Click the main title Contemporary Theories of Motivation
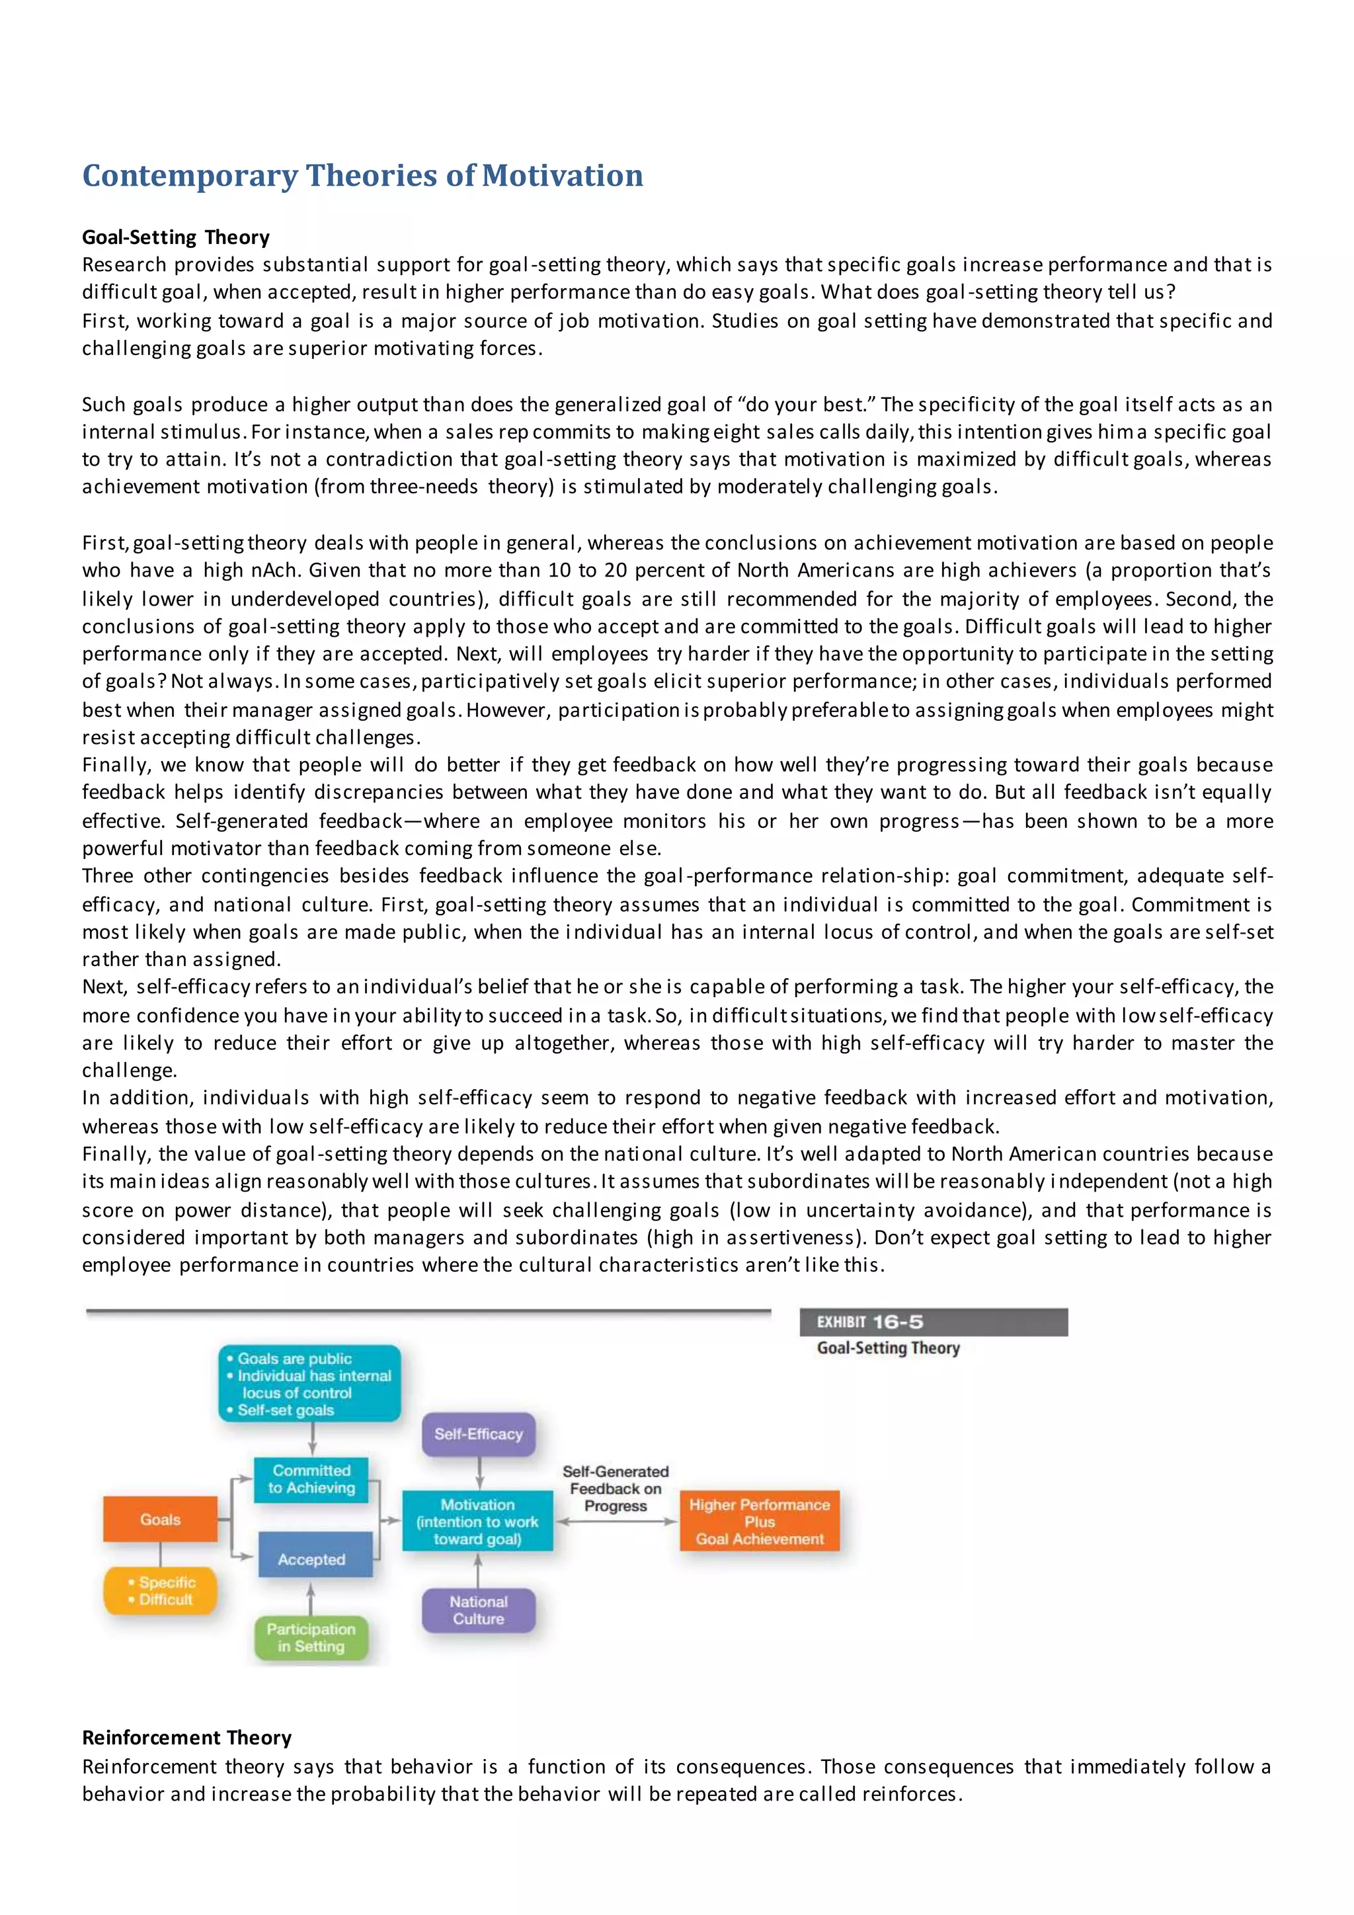tap(363, 176)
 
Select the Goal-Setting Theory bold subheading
tap(176, 237)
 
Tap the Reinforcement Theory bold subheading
tap(186, 1737)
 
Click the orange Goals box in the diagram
tap(160, 1519)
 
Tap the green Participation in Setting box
tap(311, 1637)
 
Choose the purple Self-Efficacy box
tap(479, 1434)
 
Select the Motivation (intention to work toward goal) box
tap(478, 1522)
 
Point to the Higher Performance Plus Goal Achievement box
tap(760, 1522)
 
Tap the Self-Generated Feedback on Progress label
tap(616, 1488)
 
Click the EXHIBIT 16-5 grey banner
tap(933, 1322)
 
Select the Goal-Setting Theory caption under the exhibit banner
tap(888, 1349)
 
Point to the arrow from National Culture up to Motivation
tap(478, 1569)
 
